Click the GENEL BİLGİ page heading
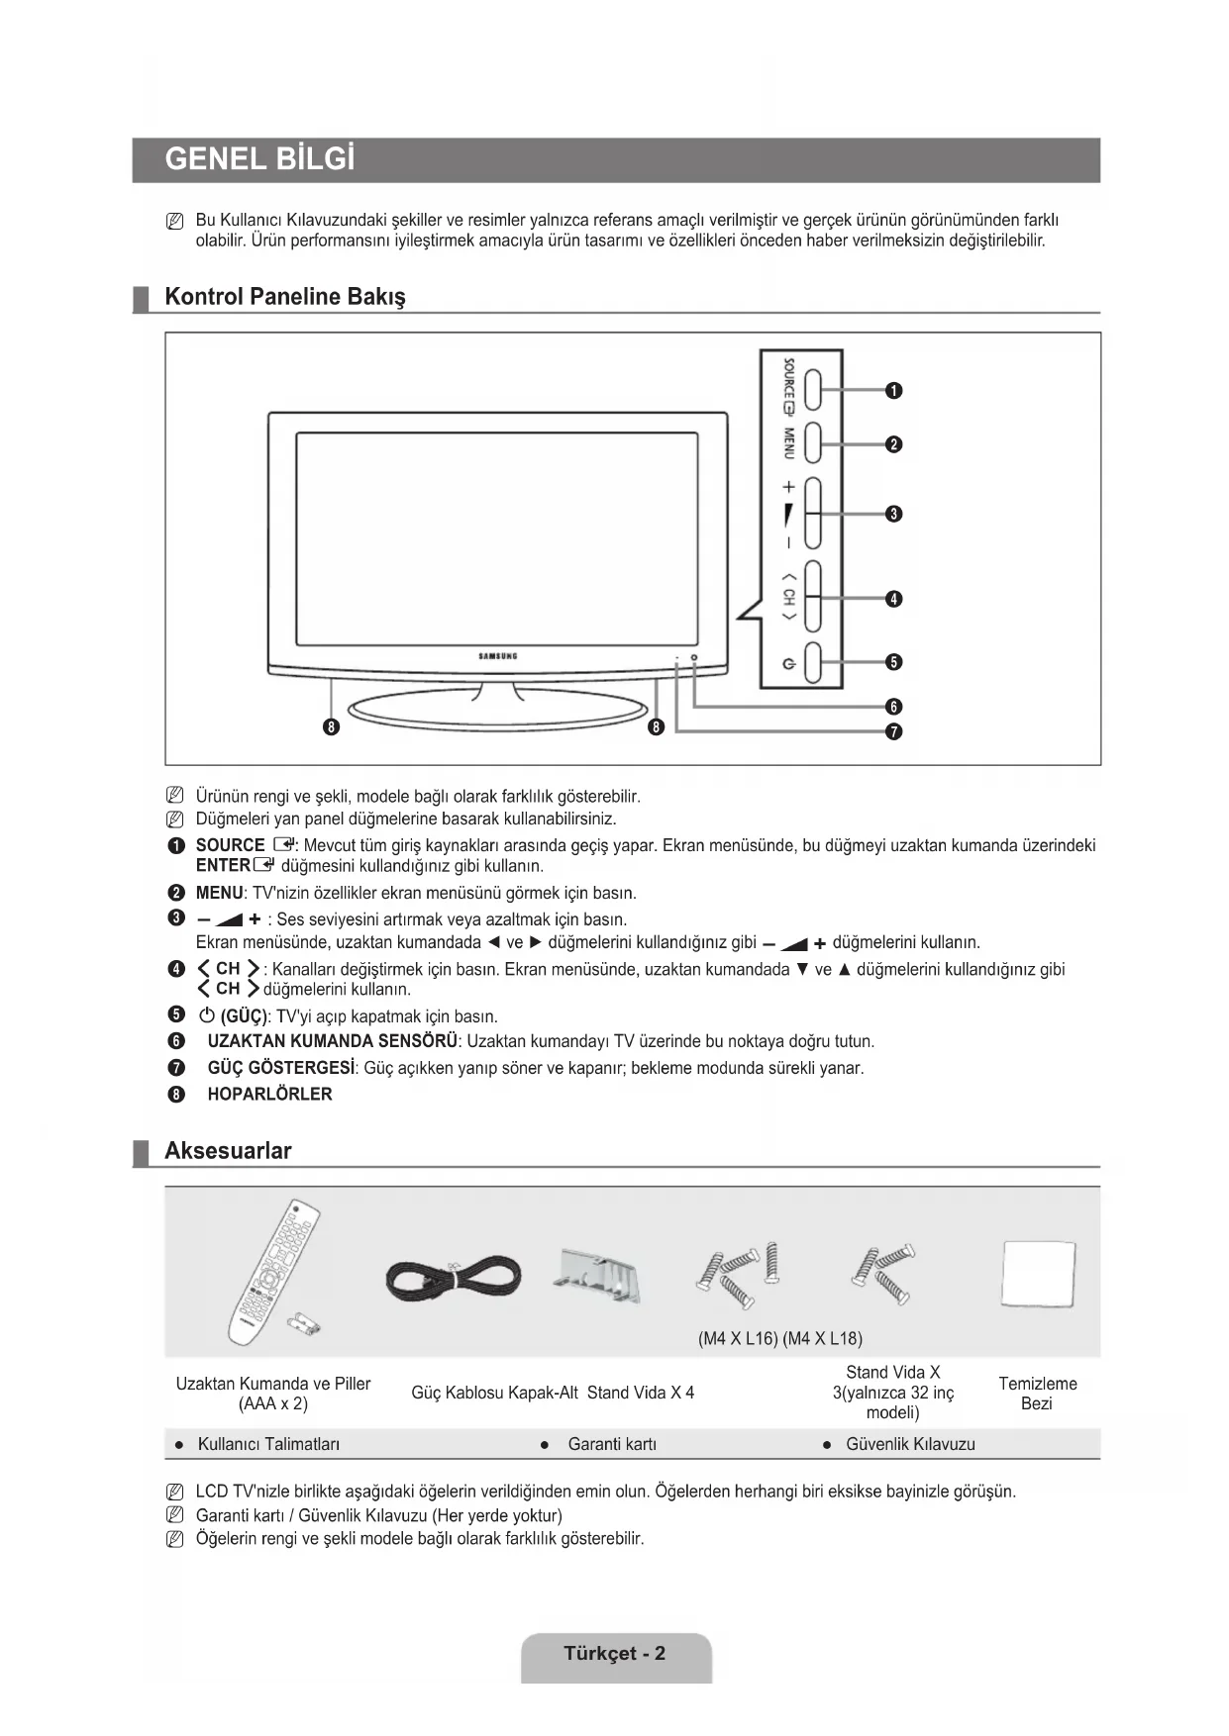[259, 159]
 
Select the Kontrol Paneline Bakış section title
[284, 297]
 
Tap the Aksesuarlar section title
[228, 1151]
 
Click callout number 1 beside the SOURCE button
[893, 391]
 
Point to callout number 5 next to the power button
[893, 662]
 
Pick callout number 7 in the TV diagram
[893, 732]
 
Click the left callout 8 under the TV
[333, 728]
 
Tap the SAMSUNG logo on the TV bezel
[498, 656]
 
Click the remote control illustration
[272, 1272]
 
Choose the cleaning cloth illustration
[1038, 1275]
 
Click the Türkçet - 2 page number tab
[615, 1654]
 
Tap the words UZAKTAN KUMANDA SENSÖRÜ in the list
[332, 1041]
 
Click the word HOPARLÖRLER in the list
[269, 1094]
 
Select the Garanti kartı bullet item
[611, 1444]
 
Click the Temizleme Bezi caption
[1037, 1394]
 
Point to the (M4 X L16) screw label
[738, 1339]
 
